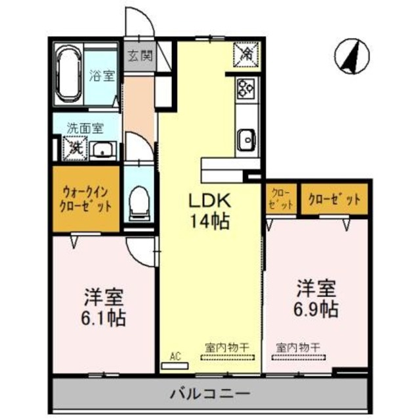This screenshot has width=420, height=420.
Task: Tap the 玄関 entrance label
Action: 138,56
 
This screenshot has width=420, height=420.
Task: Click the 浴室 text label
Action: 102,75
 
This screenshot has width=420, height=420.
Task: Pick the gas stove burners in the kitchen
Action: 247,88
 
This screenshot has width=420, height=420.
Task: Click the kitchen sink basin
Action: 247,139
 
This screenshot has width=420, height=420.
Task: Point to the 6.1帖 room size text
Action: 104,308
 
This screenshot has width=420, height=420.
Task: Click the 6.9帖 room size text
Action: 317,299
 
